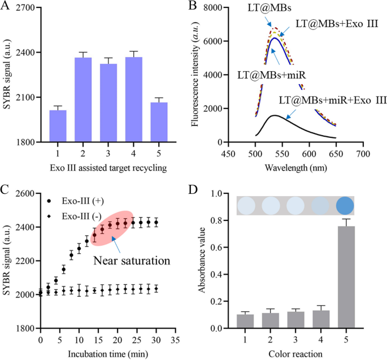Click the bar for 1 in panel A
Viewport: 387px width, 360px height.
58,125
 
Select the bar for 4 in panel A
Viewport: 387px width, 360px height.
134,99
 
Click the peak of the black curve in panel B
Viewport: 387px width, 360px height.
274,115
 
